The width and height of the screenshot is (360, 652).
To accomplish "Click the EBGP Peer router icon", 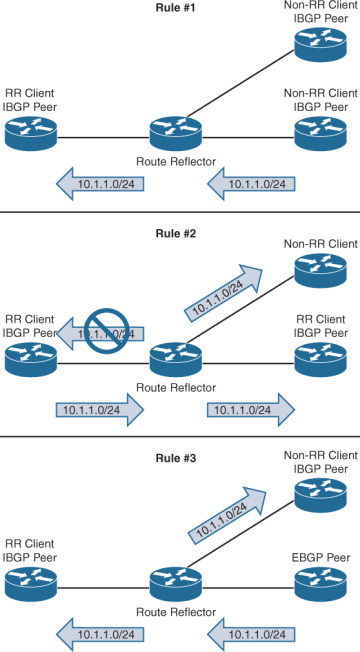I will pyautogui.click(x=321, y=581).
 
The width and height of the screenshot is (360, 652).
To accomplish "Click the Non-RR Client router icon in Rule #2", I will pyautogui.click(x=321, y=267).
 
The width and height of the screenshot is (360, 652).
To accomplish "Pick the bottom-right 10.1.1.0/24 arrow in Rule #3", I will pyautogui.click(x=251, y=631).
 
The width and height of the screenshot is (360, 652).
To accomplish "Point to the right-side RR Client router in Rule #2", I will pyautogui.click(x=321, y=357).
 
